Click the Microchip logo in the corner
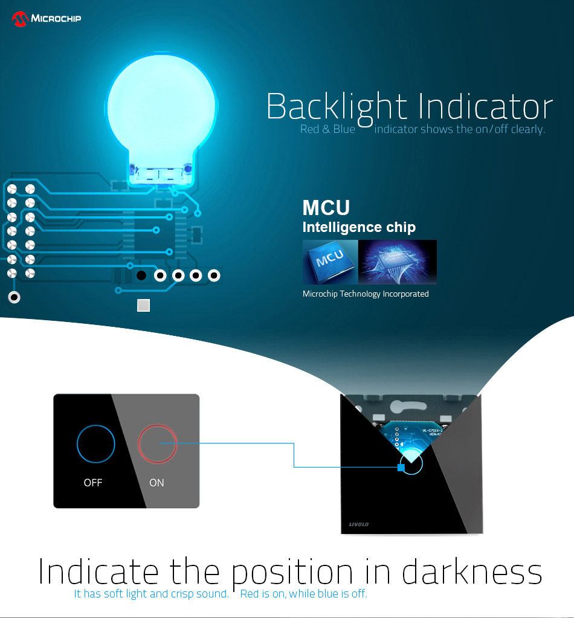coord(46,19)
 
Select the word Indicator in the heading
coord(485,106)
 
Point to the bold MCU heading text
coord(326,208)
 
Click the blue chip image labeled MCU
coord(331,262)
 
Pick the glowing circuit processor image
coord(398,262)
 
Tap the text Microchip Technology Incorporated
coord(366,294)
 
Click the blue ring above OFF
coord(96,425)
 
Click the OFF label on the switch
coord(93,483)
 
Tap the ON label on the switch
coord(156,483)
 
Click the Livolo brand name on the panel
coord(359,524)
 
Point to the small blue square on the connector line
coord(401,468)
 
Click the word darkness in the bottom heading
coord(472,571)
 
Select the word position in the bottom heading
coord(292,573)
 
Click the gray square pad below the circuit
coord(144,306)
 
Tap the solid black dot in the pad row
coord(141,275)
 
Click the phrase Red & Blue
coord(327,129)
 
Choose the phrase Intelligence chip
coord(359,227)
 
